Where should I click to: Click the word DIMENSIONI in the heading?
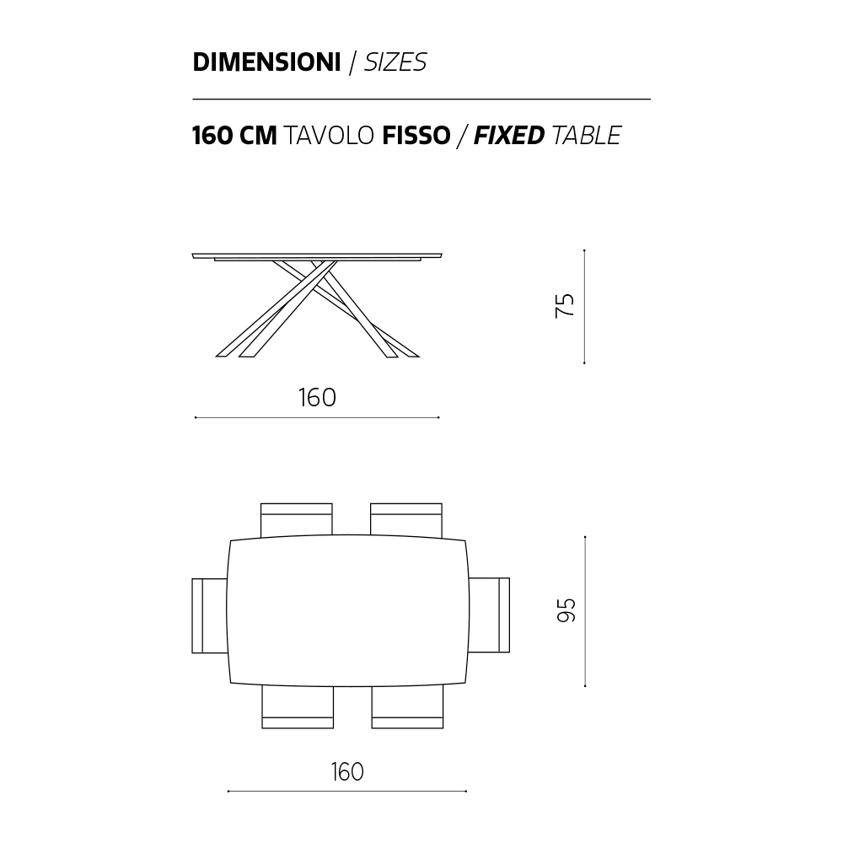(x=266, y=62)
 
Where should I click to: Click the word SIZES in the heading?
(x=395, y=62)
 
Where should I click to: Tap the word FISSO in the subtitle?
(x=416, y=136)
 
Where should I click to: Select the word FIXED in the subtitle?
(x=509, y=136)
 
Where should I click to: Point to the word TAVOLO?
(x=328, y=136)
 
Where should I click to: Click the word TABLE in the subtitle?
(x=587, y=136)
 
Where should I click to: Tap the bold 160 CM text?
(x=234, y=136)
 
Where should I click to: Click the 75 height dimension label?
(x=565, y=306)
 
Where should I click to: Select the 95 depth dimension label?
(x=566, y=610)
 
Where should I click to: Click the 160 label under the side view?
(x=317, y=398)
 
